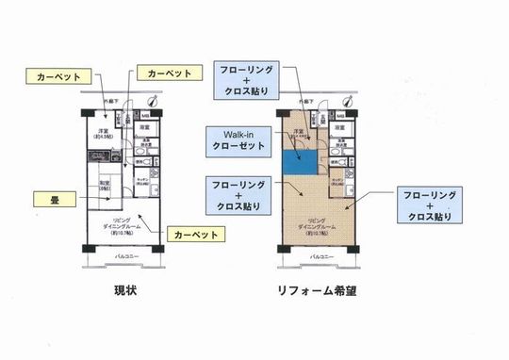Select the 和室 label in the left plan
pos(106,185)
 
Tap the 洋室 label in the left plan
pos(105,133)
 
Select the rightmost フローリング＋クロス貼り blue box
pos(430,205)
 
